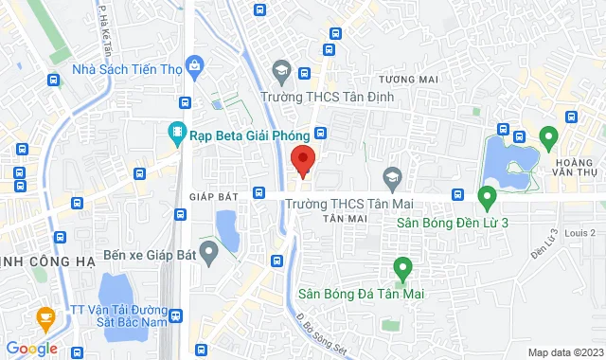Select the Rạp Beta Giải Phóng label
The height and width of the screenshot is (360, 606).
click(238, 135)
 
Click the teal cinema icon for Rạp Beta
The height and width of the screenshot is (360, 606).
click(176, 134)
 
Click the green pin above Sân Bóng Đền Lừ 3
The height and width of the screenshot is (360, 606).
click(488, 198)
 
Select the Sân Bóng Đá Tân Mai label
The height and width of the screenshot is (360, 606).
click(360, 295)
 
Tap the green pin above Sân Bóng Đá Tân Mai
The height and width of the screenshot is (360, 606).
click(401, 269)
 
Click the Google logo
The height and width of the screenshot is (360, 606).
click(31, 349)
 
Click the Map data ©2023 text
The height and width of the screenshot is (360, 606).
click(563, 352)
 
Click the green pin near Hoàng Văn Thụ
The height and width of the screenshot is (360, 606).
click(546, 138)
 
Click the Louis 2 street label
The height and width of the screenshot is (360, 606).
click(579, 233)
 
